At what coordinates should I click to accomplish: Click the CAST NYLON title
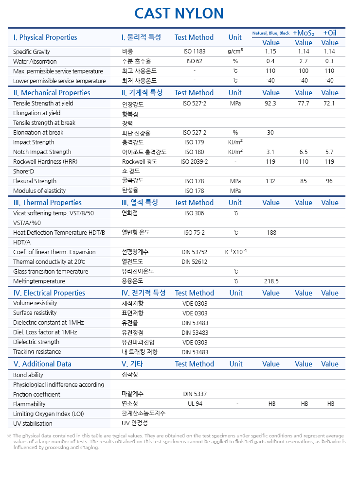pos(179,13)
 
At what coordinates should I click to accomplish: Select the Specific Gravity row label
pos(32,52)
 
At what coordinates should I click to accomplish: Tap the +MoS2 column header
pos(304,33)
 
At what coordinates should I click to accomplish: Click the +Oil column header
pos(330,33)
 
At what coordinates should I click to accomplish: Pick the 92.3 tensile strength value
pos(270,104)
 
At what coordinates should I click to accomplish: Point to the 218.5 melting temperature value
pos(271,281)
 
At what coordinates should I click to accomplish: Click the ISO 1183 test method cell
pos(194,52)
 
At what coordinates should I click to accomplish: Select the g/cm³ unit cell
pos(235,52)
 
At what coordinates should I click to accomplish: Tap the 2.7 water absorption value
pos(304,62)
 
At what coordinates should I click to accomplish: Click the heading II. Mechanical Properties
pos(52,93)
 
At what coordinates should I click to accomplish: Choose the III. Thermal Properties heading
pos(48,203)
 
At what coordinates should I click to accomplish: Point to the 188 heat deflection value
pos(271,233)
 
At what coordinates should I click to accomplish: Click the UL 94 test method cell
pos(195,404)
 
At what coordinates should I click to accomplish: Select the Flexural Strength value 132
pos(270,181)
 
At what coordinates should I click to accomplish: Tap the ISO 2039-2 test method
pos(194,162)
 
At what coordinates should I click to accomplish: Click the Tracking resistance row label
pos(37,352)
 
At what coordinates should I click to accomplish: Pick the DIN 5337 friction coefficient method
pos(195,394)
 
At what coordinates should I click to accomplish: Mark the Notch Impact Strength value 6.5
pos(304,152)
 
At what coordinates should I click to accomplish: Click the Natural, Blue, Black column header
pos(270,33)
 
